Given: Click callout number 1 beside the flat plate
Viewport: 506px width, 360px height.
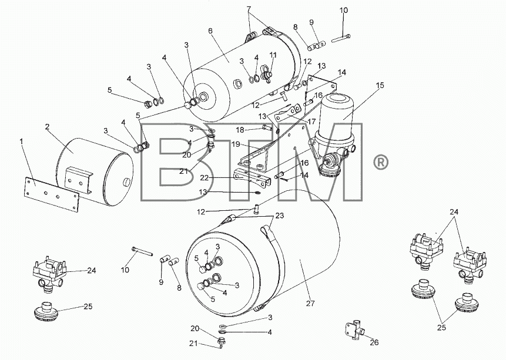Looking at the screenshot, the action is [22, 142].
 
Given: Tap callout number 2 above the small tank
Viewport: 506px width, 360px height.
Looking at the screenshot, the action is [47, 127].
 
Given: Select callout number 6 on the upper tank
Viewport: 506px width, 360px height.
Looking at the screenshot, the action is [210, 31].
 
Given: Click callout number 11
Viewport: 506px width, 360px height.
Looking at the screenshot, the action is [273, 55].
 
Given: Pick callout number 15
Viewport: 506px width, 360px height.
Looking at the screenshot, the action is [380, 85].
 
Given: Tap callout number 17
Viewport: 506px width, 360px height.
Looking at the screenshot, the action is [311, 122].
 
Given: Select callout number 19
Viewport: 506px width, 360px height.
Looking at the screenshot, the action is [236, 144].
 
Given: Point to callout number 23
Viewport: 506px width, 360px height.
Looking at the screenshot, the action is [280, 216].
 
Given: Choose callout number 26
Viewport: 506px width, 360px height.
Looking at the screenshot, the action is [374, 342].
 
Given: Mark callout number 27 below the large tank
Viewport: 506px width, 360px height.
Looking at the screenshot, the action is [310, 303].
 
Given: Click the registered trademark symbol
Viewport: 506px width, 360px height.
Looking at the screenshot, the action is [381, 162].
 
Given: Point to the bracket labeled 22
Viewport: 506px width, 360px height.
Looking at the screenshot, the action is [252, 178].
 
